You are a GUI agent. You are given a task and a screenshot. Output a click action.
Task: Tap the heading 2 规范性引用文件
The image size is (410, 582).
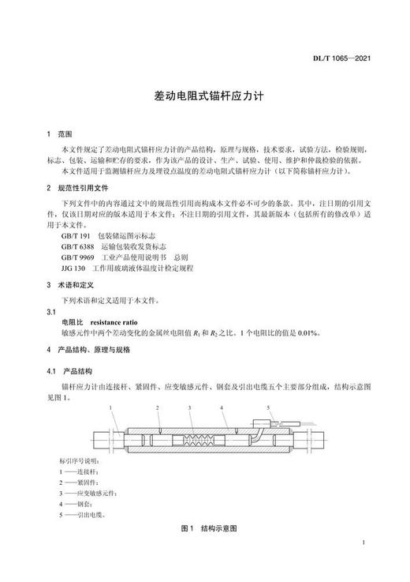tap(81, 188)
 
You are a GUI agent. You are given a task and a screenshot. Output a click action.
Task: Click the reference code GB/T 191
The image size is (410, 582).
tap(75, 236)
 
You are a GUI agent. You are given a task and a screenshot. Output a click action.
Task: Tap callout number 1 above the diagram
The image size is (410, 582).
tap(112, 406)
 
